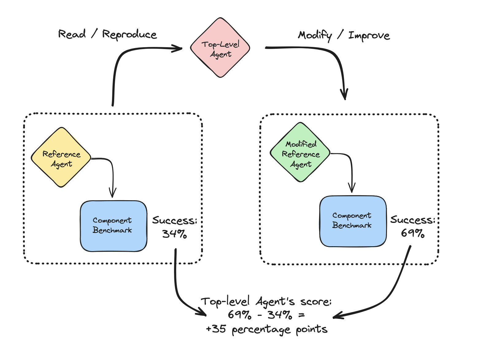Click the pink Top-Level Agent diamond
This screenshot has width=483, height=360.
(220, 48)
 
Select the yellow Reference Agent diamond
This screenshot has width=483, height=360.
(61, 157)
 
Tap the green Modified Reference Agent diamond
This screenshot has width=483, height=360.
(300, 152)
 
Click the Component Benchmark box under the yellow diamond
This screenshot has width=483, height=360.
(114, 226)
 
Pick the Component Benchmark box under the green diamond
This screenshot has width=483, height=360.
(353, 221)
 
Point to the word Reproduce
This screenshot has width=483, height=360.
(129, 35)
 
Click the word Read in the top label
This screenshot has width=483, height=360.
(72, 34)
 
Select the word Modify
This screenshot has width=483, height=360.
(315, 36)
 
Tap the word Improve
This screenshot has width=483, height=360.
(369, 36)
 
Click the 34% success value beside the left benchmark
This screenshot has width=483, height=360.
(175, 234)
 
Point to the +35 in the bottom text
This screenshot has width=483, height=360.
(216, 329)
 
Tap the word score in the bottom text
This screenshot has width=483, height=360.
(316, 302)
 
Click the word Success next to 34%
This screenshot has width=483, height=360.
(175, 220)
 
